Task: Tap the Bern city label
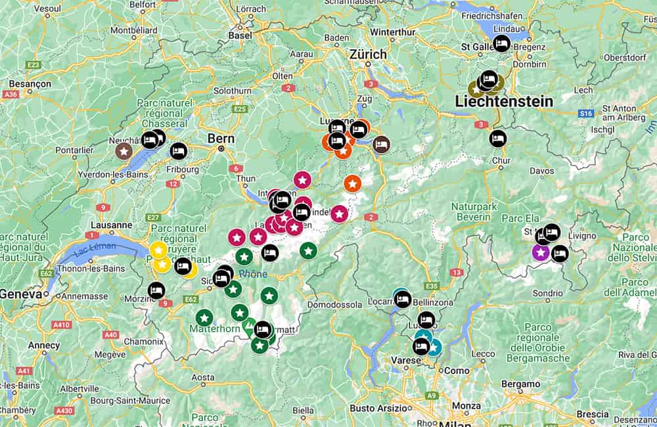coord(221,139)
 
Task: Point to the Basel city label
coord(239,35)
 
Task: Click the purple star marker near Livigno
coord(541,252)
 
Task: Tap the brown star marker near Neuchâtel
coord(124,151)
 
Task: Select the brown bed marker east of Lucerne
coord(381,145)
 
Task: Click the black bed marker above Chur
coord(498,139)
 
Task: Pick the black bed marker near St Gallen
coord(501,43)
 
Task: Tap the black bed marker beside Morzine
coord(156,290)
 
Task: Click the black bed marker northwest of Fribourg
coord(178,151)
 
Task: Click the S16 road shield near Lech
coord(586,114)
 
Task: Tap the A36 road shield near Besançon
coord(10,95)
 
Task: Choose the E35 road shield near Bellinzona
coord(432,286)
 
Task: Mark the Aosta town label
coord(202,377)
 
